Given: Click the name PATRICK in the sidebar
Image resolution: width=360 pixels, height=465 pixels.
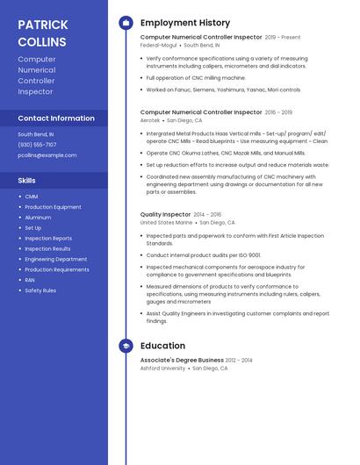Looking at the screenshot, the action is pos(42,25).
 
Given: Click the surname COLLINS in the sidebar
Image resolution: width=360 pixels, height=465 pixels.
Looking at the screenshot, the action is pos(42,42).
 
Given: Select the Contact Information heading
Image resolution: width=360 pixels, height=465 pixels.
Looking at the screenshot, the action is pos(56,118).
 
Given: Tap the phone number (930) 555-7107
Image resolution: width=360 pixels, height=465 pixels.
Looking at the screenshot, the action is pos(37,145).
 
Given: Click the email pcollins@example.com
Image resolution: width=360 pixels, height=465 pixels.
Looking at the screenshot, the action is pos(47,155).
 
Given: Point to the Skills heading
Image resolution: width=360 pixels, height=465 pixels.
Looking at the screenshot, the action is pos(27,181).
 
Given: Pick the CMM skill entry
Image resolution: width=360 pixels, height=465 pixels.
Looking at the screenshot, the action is pos(32,197).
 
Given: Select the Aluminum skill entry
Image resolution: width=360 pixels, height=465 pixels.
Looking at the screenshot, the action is pos(38,218).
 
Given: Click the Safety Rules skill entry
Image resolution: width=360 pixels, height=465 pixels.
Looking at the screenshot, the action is pos(40,290).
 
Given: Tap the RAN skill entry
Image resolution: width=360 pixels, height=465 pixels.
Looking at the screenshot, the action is pos(30,280).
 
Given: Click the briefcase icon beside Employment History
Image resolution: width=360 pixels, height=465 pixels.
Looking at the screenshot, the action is pos(126,23).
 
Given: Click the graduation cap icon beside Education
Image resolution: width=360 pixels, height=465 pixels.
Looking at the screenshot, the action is pos(126,346).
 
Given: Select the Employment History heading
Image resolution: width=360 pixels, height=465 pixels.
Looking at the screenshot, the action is pos(185,23).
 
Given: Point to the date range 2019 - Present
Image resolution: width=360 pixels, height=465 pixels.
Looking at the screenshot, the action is pos(283,38).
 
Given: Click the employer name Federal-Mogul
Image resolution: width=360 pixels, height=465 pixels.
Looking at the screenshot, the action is pos(158,46).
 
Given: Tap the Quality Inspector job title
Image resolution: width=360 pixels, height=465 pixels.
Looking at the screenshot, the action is pos(165,215).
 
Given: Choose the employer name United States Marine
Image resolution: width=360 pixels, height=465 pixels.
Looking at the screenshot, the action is pos(166,223).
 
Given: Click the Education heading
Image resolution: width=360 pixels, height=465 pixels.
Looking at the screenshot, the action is pos(162,346).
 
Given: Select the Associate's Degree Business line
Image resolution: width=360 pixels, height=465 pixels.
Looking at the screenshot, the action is pos(182,361).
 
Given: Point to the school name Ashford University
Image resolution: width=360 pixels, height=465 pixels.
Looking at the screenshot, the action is pos(162,368).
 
